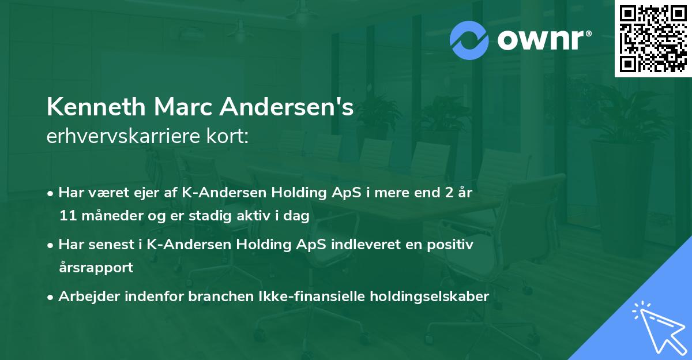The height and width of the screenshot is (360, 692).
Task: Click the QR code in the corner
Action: [x=653, y=38]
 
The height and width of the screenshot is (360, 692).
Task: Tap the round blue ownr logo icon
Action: [x=469, y=40]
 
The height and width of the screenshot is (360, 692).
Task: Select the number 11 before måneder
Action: [x=66, y=216]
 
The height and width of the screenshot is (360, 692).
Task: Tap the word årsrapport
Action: [x=96, y=268]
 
